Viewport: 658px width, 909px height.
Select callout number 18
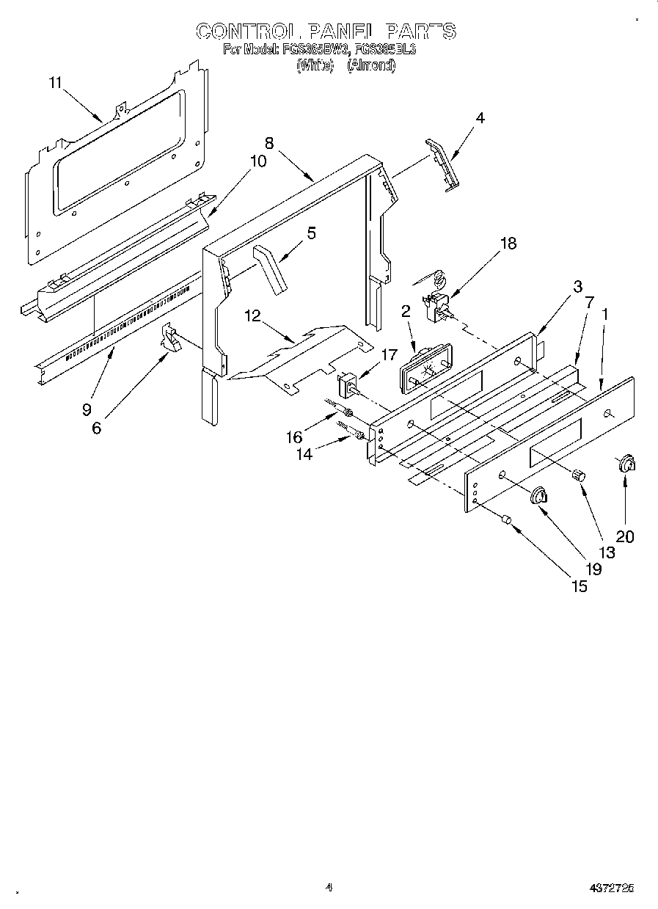coord(508,244)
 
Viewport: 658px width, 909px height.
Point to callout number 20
coord(624,536)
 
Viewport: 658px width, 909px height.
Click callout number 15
coord(579,586)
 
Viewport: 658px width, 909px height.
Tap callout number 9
coord(87,409)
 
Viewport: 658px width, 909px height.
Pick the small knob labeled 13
coord(579,475)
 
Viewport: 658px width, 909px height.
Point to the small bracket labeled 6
coord(170,340)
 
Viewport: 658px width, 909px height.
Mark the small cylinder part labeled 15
coord(505,520)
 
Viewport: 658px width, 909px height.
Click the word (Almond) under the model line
coord(371,65)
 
